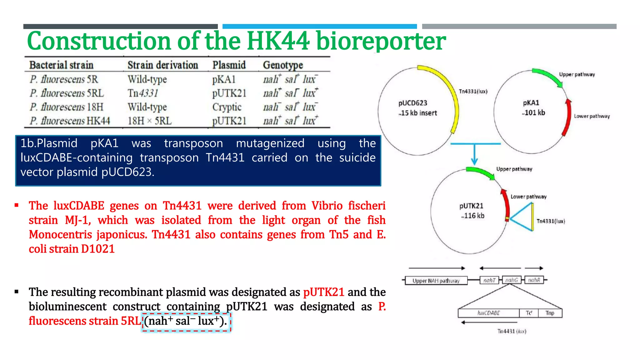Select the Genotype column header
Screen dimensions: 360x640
pyautogui.click(x=283, y=65)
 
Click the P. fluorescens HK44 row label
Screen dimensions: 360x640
pyautogui.click(x=70, y=121)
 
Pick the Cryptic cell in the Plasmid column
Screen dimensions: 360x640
pyautogui.click(x=227, y=107)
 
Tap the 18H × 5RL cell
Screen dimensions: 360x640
pyautogui.click(x=149, y=121)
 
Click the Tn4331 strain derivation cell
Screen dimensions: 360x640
pyautogui.click(x=143, y=93)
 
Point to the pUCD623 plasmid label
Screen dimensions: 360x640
pyautogui.click(x=412, y=103)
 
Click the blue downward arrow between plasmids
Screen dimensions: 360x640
pyautogui.click(x=474, y=155)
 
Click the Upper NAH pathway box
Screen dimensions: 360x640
pyautogui.click(x=436, y=281)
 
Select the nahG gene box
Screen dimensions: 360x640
pyautogui.click(x=512, y=280)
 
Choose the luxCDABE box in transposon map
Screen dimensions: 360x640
pyautogui.click(x=488, y=313)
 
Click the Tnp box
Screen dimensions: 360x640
pyautogui.click(x=550, y=313)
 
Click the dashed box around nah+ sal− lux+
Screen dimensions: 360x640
pyautogui.click(x=186, y=322)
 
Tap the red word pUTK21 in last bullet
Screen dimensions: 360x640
pyautogui.click(x=323, y=292)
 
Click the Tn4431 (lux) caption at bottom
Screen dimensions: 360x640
pyautogui.click(x=512, y=331)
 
